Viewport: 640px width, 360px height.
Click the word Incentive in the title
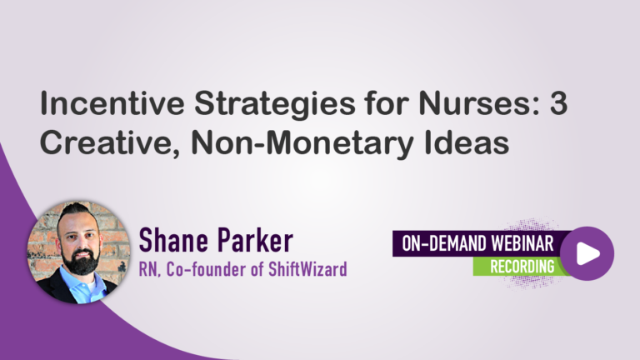[112, 103]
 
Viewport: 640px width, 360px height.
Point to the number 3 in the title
[558, 103]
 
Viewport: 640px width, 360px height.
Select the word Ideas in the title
[467, 142]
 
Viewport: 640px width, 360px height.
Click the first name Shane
[172, 240]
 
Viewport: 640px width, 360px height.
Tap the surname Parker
[255, 240]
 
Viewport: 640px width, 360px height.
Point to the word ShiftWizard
[307, 269]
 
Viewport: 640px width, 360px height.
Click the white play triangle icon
[587, 253]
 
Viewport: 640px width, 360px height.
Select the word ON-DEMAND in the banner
[443, 243]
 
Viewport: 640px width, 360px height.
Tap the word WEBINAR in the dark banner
[522, 243]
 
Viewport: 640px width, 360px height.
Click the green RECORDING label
[522, 267]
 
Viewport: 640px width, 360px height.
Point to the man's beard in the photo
[81, 261]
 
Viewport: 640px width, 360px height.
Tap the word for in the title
[387, 103]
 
